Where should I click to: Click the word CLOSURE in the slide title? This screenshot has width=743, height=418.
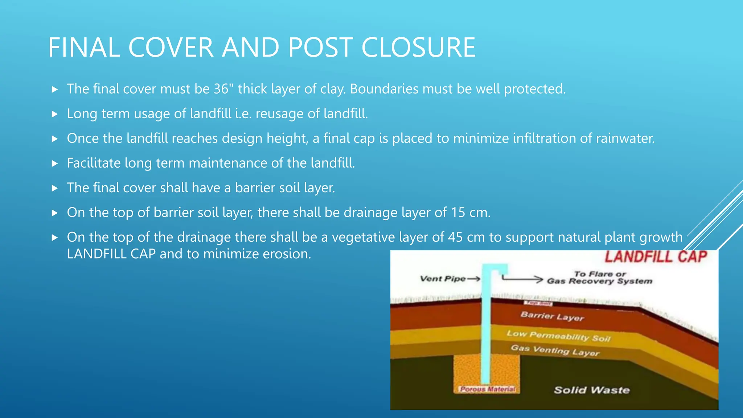tap(418, 48)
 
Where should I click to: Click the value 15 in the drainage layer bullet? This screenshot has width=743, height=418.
tap(458, 213)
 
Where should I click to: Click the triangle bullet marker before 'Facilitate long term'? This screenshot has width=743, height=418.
tap(55, 164)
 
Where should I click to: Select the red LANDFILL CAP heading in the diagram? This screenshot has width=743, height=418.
tap(656, 257)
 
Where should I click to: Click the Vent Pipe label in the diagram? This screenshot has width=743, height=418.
tap(443, 279)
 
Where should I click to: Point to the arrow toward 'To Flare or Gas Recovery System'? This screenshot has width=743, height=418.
tap(522, 279)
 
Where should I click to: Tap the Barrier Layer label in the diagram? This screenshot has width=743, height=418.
tap(552, 316)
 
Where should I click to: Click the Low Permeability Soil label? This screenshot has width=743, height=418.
tap(559, 336)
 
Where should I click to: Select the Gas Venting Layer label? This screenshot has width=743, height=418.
tap(555, 350)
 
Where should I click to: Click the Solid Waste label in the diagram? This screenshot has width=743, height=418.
tap(591, 390)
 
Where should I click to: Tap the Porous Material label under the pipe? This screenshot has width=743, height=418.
tap(487, 389)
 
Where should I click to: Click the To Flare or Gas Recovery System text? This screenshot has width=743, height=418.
tap(599, 278)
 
